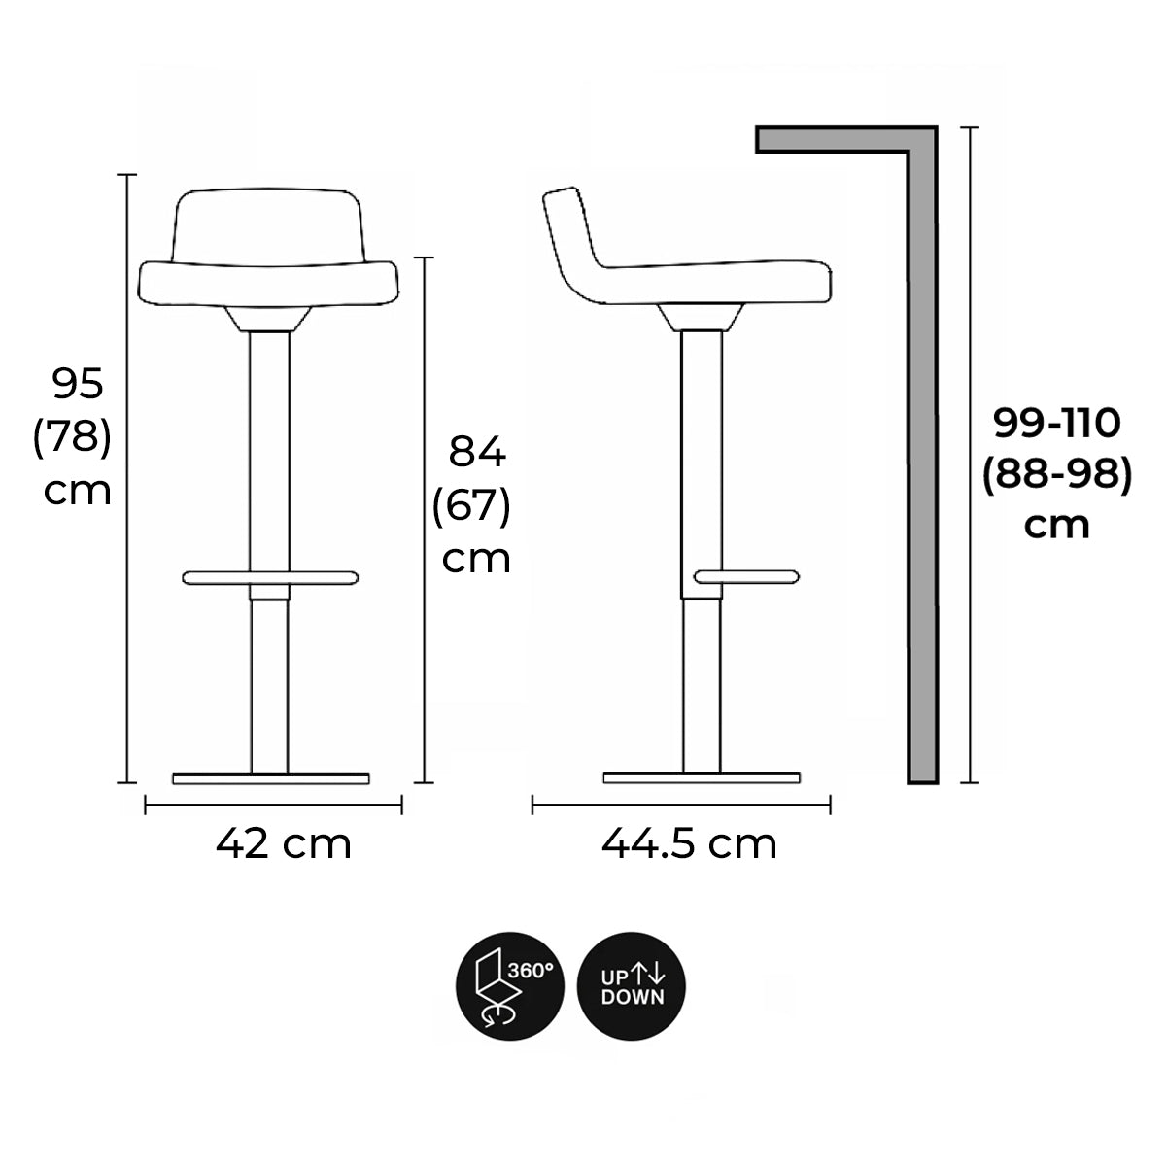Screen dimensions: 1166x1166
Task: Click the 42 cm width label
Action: pyautogui.click(x=283, y=844)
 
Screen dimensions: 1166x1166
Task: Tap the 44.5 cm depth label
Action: pyautogui.click(x=689, y=844)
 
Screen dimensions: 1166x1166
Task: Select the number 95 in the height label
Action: pyautogui.click(x=78, y=384)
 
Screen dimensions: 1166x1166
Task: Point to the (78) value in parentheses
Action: pyautogui.click(x=72, y=437)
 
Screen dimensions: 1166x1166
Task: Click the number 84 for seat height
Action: pyautogui.click(x=477, y=452)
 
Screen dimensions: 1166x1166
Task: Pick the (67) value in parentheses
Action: pyautogui.click(x=471, y=505)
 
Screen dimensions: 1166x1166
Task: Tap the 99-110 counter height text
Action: pyautogui.click(x=1056, y=423)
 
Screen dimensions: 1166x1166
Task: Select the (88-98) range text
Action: pyautogui.click(x=1056, y=474)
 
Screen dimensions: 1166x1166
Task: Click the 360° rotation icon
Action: pyautogui.click(x=510, y=986)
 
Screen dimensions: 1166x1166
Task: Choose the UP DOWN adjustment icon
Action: pyautogui.click(x=632, y=986)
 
